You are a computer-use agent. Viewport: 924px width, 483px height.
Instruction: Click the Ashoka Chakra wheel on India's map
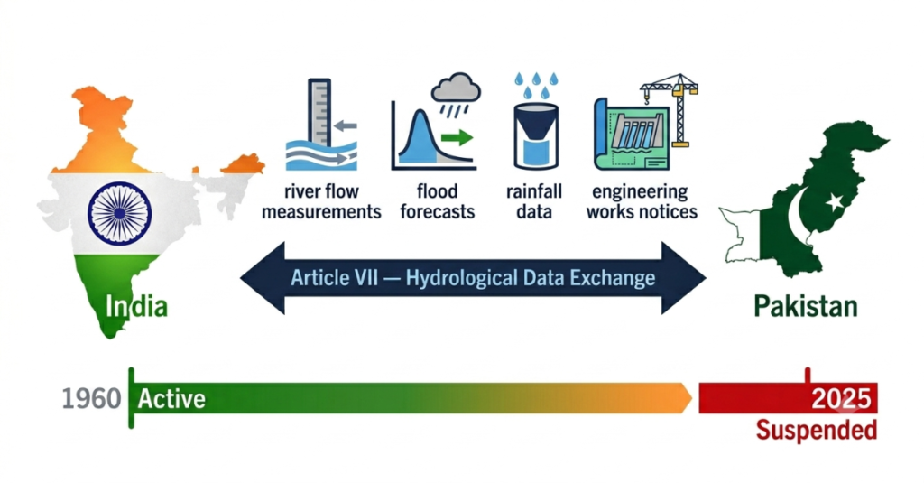coord(120,213)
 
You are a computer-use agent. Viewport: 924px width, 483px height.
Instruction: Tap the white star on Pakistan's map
coord(835,202)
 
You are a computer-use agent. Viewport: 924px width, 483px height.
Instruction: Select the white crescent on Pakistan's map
coord(796,215)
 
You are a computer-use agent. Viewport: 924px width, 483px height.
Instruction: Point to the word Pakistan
coord(806,307)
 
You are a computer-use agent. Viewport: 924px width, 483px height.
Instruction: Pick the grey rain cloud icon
coord(456,88)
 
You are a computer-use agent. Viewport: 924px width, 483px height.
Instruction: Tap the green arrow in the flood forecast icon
coord(457,138)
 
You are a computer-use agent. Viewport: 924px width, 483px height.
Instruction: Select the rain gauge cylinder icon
coord(536,136)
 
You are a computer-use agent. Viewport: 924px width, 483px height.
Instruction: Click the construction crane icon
coord(671,109)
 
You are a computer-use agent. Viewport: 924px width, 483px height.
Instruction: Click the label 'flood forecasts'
coord(438,201)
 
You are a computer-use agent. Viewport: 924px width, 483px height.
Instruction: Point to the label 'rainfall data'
coord(534,201)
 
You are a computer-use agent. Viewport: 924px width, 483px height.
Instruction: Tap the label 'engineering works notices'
coord(642,201)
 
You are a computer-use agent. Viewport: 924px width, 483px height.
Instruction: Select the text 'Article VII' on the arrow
coord(334,278)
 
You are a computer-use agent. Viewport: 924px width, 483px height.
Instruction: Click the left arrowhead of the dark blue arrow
coord(263,278)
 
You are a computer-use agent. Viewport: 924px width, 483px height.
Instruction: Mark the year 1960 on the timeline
coord(91,399)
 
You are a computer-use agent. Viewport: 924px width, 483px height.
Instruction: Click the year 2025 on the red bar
coord(841,399)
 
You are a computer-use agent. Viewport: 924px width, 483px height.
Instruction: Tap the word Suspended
coord(816,430)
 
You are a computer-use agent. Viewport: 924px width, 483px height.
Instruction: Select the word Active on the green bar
coord(171,399)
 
